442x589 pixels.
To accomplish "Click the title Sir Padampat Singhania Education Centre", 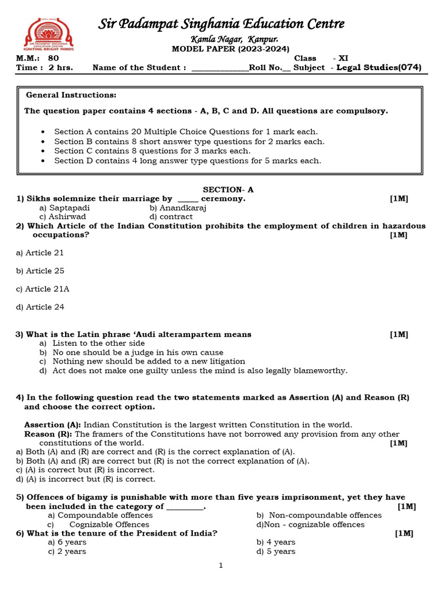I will [222, 24].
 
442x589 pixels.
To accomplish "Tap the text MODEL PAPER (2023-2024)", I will [230, 49].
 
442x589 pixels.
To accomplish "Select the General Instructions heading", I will [71, 95].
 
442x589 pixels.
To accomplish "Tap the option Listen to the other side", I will [98, 343].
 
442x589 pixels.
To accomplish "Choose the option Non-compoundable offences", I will [325, 515].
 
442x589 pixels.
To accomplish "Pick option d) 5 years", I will [276, 552].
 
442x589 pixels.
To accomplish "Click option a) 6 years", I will [67, 542].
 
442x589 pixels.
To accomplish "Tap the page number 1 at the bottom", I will [220, 565].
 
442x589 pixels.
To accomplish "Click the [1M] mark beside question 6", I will [404, 533].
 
